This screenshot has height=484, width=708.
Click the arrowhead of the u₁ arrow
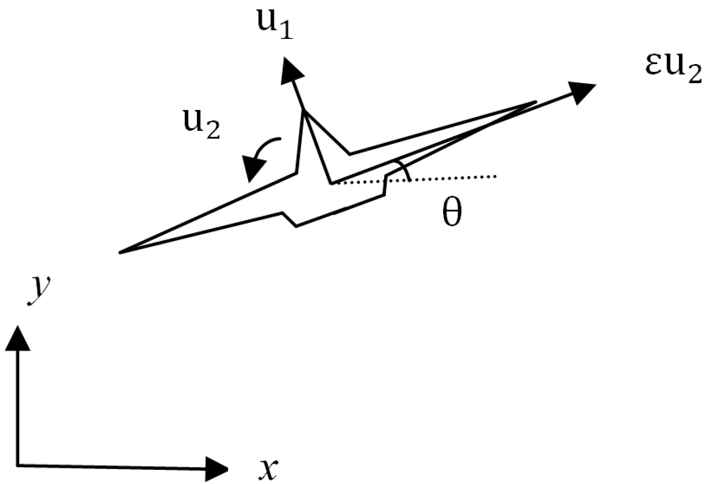tap(291, 71)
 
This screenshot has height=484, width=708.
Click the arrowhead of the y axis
tap(17, 338)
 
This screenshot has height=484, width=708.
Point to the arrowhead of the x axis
tap(216, 468)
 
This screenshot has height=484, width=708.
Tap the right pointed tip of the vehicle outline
tap(535, 102)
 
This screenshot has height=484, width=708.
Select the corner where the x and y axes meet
tap(18, 466)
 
